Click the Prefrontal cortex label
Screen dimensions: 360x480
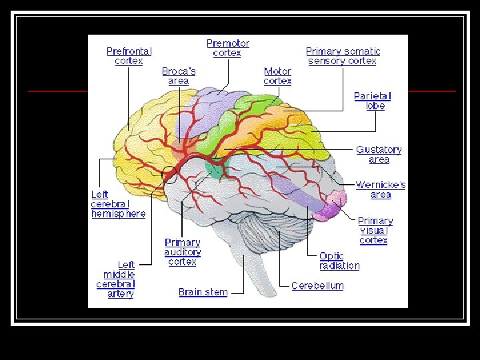coord(129,56)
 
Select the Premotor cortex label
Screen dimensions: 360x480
coord(227,48)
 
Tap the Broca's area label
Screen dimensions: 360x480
coord(179,76)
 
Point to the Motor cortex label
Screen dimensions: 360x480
coord(277,76)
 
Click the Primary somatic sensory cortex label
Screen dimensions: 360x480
coord(343,56)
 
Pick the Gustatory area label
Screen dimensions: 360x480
coord(378,155)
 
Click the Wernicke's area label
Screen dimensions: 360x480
coord(380,190)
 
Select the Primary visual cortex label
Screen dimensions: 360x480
coord(375,231)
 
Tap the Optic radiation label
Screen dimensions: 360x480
coord(339,261)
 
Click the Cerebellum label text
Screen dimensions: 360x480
coord(317,286)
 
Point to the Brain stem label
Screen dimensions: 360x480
coord(203,292)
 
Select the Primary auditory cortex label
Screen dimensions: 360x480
coord(183,252)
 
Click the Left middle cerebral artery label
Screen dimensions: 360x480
coord(116,279)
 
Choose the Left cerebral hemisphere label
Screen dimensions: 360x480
coord(118,204)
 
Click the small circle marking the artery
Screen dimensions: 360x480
coord(169,176)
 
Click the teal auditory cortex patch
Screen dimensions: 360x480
coord(215,169)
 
